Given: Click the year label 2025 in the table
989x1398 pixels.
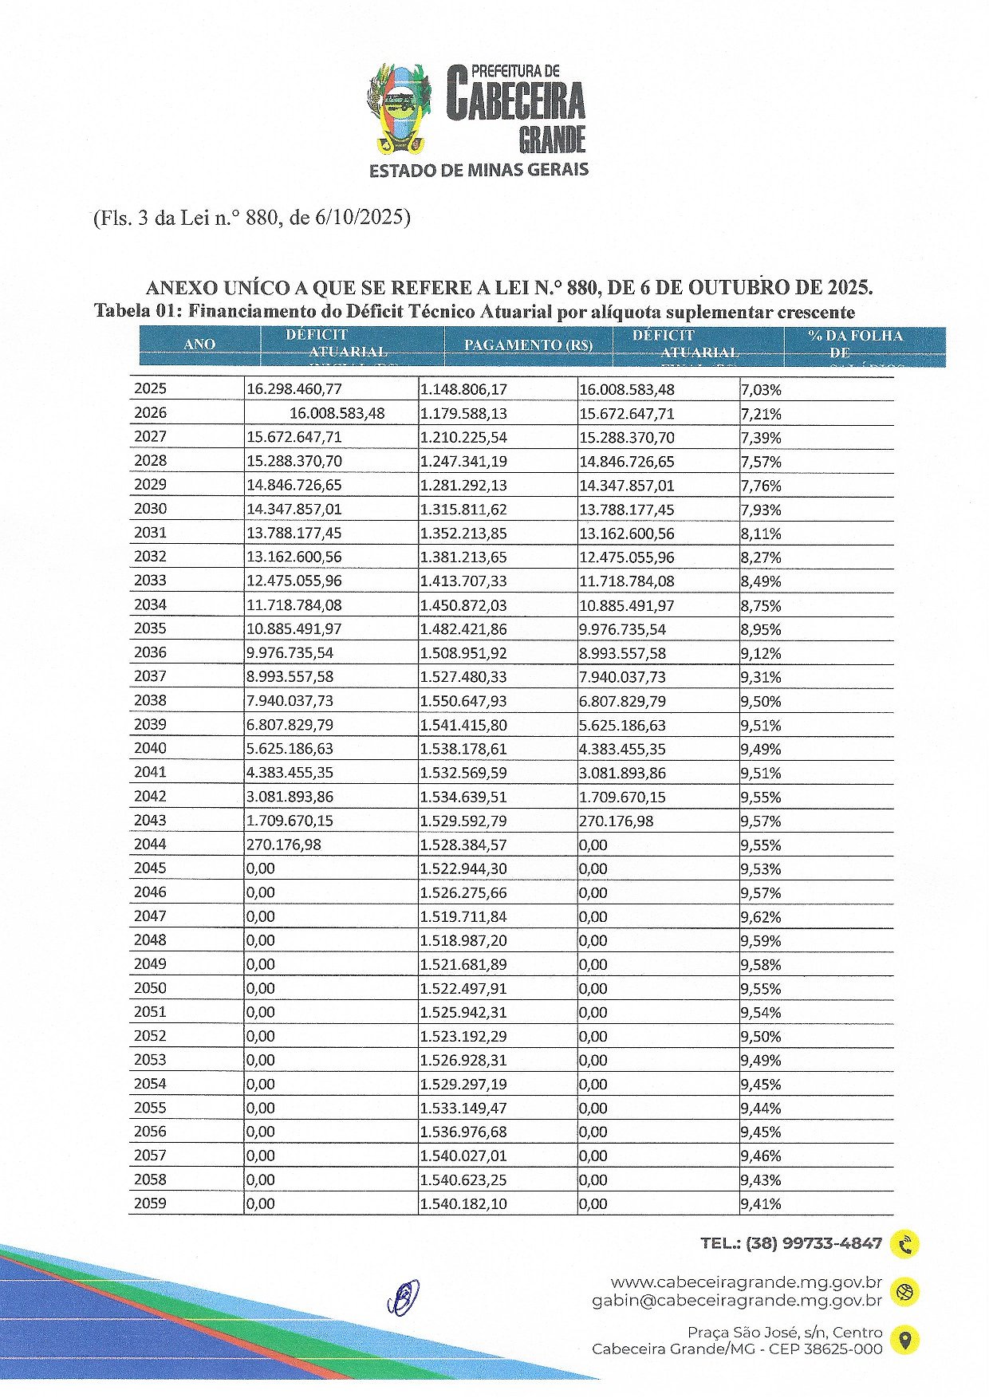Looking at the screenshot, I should pos(151,389).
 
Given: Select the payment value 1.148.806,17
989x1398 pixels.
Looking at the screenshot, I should pos(463,390).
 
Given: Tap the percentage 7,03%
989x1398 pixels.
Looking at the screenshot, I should pos(761,390).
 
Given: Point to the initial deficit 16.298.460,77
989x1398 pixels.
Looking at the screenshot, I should pos(294,389).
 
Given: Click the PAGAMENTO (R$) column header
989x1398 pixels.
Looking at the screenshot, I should pos(528,345).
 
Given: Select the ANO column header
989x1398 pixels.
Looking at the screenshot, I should pos(199,345).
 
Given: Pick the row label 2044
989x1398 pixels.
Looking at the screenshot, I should pos(151,844).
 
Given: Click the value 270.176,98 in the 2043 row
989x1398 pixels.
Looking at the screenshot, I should pos(617,821).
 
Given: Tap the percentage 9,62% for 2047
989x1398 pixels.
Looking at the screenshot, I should pos(761,916).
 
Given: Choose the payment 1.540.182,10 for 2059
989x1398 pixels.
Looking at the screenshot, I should pos(463,1203).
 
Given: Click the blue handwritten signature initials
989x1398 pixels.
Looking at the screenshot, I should pos(404,1297).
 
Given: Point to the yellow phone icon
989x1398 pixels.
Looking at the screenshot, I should pos(905,1244).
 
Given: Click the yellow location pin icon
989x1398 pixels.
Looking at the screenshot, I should pos(904,1340).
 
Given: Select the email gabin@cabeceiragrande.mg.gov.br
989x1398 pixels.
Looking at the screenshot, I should pos(737,1301).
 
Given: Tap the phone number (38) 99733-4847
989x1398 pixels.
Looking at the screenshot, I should pos(814,1243).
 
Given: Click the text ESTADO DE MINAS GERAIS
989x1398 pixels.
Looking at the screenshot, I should pos(479,170).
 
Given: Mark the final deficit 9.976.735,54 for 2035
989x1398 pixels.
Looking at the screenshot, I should pos(622,629).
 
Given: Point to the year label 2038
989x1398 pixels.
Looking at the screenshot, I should pos(151,700).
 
